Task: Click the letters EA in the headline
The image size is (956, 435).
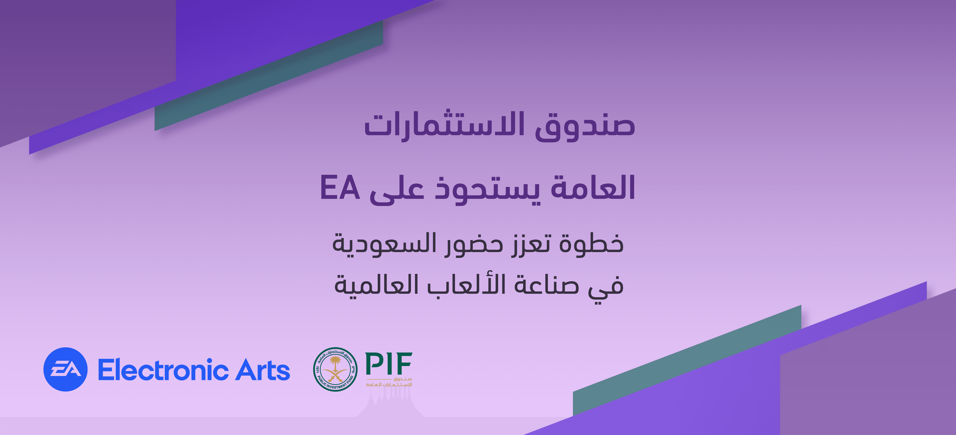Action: (340, 188)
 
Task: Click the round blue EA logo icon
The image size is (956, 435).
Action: (65, 369)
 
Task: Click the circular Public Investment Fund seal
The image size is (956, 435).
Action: (335, 369)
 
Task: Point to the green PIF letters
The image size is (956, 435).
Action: (388, 364)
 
